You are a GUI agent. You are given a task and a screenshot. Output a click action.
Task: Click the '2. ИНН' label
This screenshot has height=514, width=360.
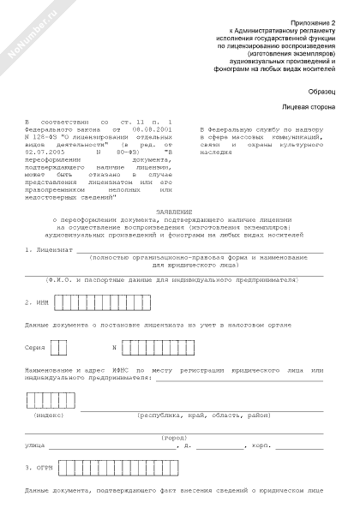(x=38, y=302)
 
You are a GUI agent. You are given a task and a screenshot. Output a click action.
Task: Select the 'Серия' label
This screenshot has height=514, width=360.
(x=36, y=348)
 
